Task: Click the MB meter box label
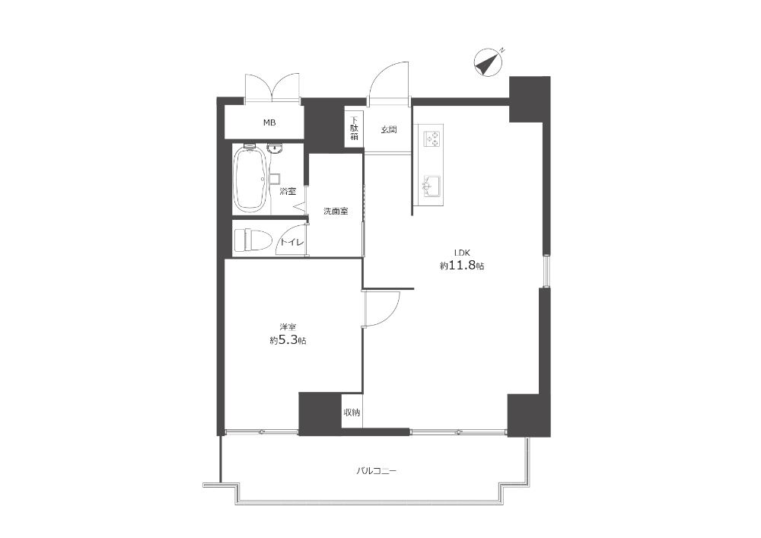pos(269,123)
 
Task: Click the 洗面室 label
pos(336,211)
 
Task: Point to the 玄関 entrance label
pos(389,129)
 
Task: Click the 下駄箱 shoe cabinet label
pos(355,129)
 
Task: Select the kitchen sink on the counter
pos(432,186)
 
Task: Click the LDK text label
pos(462,253)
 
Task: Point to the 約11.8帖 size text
pos(462,266)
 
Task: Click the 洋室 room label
pos(288,327)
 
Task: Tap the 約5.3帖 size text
pos(288,340)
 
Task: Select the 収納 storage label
pos(352,413)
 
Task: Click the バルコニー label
pos(377,471)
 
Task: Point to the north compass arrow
pos(489,62)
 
